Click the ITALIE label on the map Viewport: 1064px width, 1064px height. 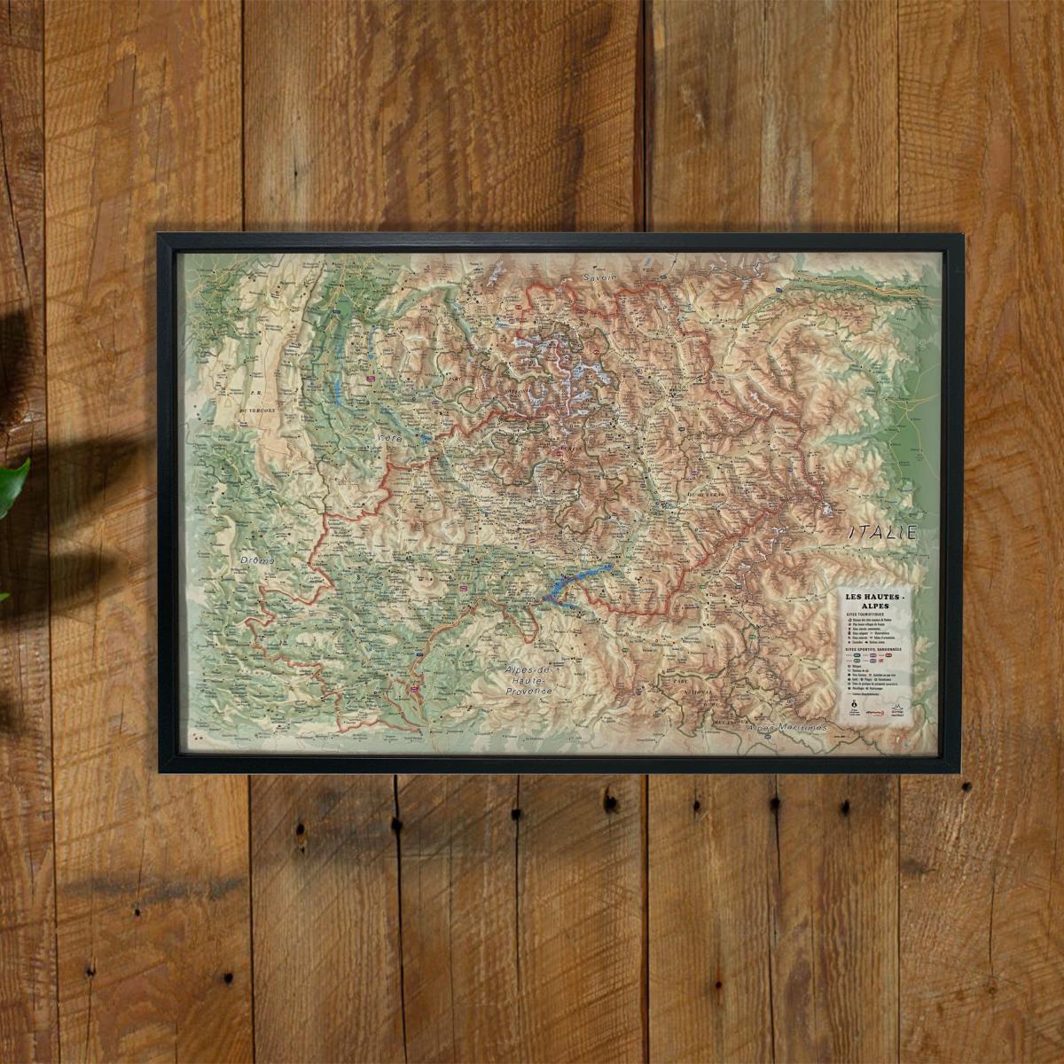click(x=880, y=534)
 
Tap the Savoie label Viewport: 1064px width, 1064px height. click(x=600, y=278)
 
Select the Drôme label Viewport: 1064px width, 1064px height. click(x=257, y=561)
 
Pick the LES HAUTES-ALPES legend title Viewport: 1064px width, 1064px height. click(x=877, y=600)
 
